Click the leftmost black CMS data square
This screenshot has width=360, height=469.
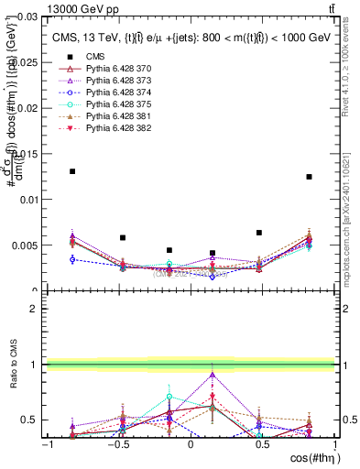(72, 171)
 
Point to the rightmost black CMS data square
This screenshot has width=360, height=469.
(310, 177)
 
